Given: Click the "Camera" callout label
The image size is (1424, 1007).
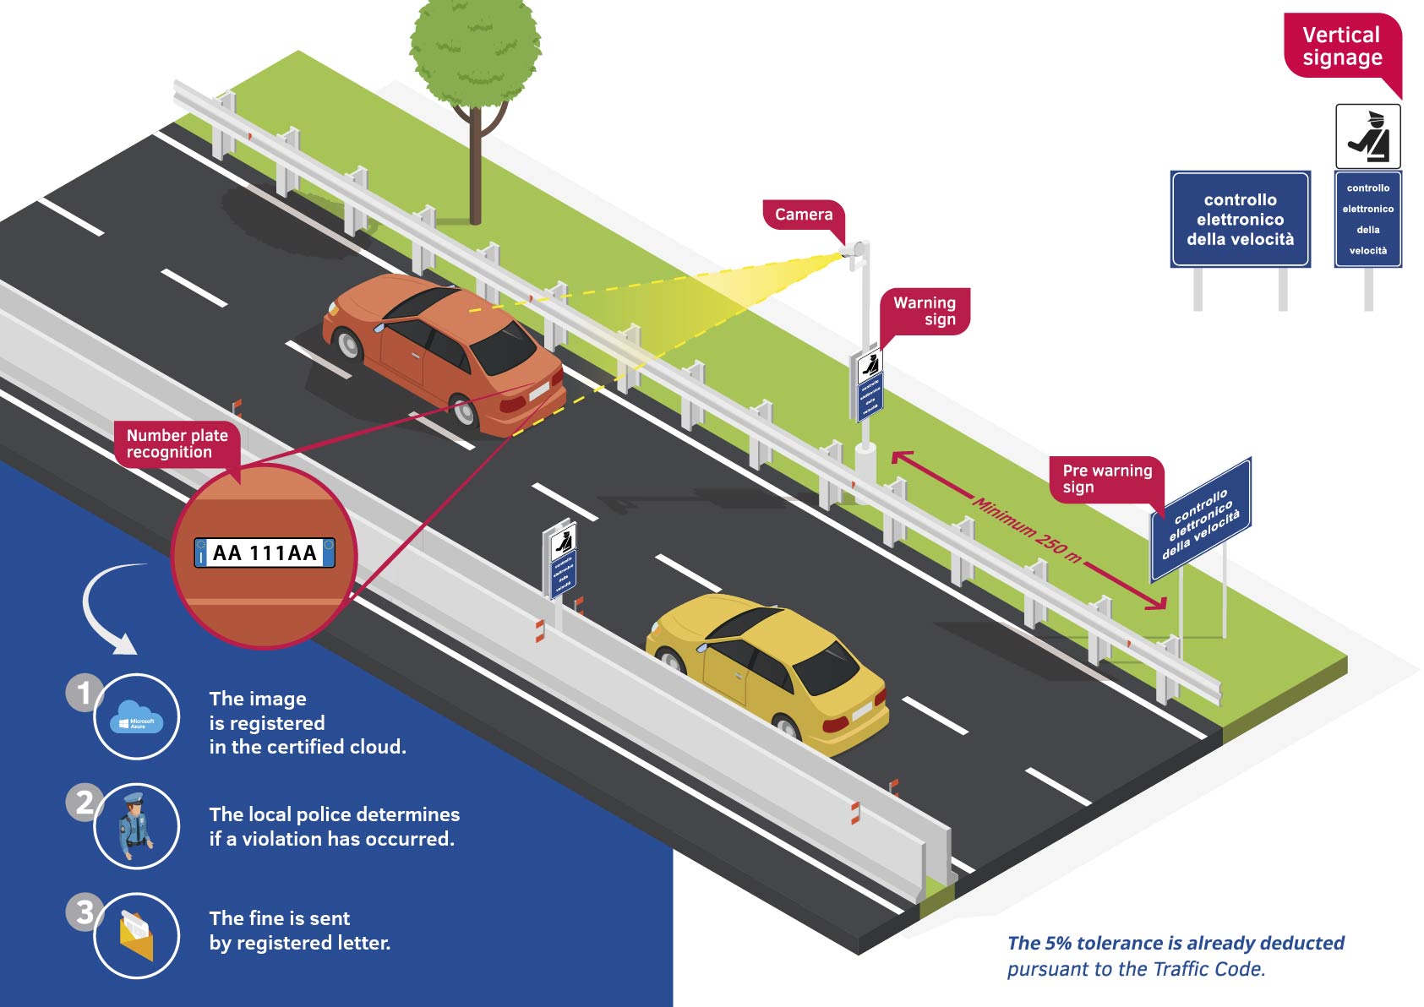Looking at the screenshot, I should coord(803,215).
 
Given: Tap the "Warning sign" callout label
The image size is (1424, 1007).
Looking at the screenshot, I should coord(925,311).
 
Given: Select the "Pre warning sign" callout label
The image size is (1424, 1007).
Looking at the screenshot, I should coord(1106,478).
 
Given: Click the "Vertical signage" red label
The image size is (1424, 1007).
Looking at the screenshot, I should coord(1341,46).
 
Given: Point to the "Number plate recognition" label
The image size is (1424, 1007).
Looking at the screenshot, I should coord(177,444).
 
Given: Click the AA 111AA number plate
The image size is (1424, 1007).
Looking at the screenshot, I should coord(265,553).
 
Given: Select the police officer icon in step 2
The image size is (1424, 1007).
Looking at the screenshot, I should coord(135,826).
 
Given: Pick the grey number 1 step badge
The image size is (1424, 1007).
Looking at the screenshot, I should coord(83,693).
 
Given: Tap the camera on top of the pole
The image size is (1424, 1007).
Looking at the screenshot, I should coord(857,252).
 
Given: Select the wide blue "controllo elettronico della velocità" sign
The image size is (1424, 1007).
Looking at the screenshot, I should coord(1240,220).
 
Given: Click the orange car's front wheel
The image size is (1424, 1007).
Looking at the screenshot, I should coord(347,342).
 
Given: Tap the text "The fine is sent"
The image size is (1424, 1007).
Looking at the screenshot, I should coord(279,918).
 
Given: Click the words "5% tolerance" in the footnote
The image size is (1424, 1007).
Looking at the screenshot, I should coord(1099,944).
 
